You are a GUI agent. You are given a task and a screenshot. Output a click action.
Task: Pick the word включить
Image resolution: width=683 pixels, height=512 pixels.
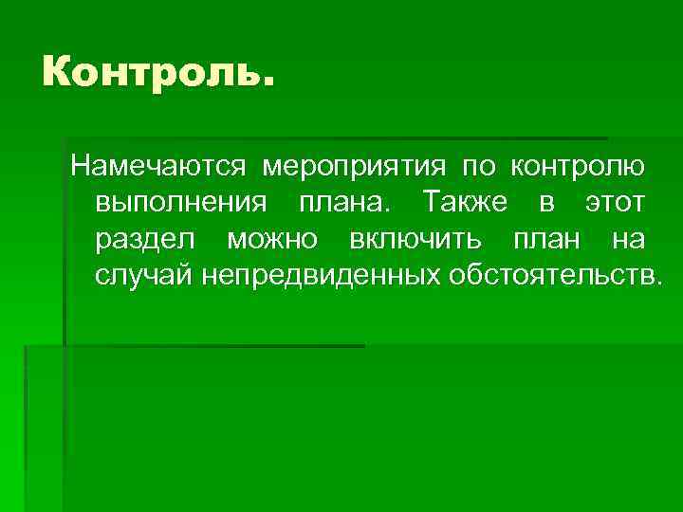(x=417, y=239)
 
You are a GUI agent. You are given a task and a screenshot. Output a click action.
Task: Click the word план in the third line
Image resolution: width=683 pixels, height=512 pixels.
(x=548, y=239)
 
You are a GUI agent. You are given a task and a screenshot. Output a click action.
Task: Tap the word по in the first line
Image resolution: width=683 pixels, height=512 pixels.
(x=479, y=167)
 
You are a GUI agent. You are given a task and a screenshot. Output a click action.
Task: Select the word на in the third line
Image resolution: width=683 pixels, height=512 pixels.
(x=629, y=239)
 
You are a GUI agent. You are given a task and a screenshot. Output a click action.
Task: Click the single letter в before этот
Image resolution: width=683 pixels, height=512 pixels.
(x=548, y=203)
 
